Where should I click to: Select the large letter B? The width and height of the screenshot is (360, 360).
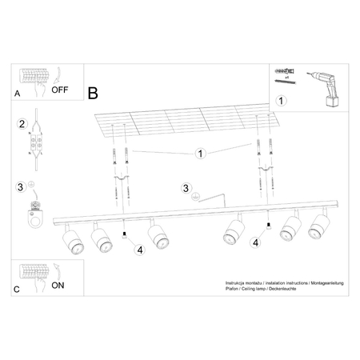click(93, 92)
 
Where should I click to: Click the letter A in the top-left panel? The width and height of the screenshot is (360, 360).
click(18, 93)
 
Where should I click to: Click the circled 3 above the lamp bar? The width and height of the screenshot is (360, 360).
click(186, 189)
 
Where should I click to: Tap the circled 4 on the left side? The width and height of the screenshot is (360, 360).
click(139, 249)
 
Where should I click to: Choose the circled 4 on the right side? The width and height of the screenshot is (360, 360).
click(255, 242)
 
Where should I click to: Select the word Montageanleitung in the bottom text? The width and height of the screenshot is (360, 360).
click(320, 284)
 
